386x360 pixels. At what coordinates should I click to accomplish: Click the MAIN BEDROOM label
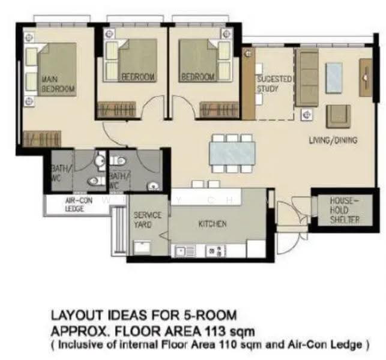pyautogui.click(x=58, y=84)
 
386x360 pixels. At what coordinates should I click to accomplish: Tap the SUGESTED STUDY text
pyautogui.click(x=274, y=84)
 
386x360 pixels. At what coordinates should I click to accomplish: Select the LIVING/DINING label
pyautogui.click(x=333, y=140)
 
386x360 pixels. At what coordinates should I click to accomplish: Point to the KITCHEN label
pyautogui.click(x=212, y=224)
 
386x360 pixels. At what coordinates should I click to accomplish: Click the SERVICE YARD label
pyautogui.click(x=147, y=220)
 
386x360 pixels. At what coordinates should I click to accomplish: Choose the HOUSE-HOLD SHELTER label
pyautogui.click(x=345, y=211)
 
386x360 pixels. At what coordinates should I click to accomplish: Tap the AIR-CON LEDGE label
pyautogui.click(x=79, y=205)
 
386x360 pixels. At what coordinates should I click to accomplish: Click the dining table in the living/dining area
pyautogui.click(x=232, y=154)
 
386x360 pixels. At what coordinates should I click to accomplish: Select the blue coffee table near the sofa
pyautogui.click(x=334, y=78)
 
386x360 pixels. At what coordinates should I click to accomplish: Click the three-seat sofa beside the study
pyautogui.click(x=307, y=77)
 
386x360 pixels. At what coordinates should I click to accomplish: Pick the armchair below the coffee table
pyautogui.click(x=338, y=116)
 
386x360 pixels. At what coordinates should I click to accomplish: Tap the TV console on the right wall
pyautogui.click(x=366, y=77)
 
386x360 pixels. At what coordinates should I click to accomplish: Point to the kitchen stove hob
pyautogui.click(x=216, y=251)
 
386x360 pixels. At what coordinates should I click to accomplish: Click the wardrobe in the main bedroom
pyautogui.click(x=42, y=139)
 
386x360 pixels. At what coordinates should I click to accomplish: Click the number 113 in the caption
pyautogui.click(x=216, y=331)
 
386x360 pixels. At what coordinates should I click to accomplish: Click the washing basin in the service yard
pyautogui.click(x=142, y=248)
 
